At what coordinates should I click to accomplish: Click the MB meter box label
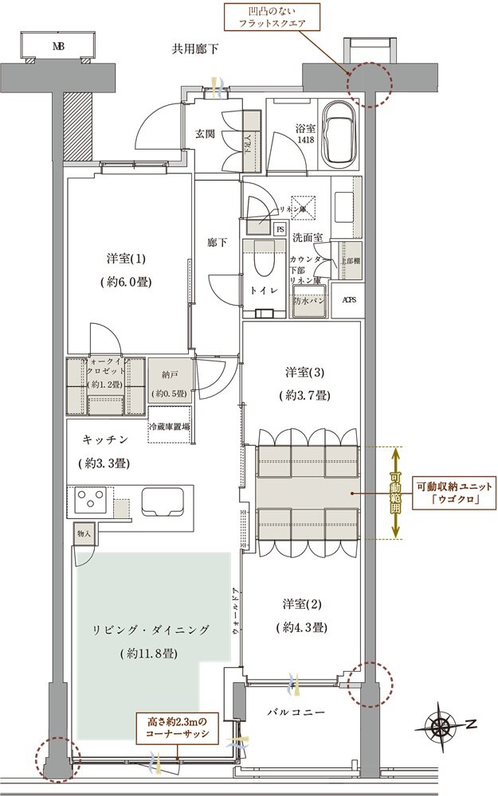pos(57,46)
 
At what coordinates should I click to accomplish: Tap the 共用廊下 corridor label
pos(195,49)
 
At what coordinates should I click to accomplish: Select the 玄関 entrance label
pos(206,134)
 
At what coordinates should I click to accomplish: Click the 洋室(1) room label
pos(127,259)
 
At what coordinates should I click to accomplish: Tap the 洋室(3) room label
pos(301,372)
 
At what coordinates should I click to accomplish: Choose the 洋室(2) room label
pos(301,604)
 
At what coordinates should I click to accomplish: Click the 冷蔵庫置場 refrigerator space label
pos(169,427)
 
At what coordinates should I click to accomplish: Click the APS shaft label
pos(349,300)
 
